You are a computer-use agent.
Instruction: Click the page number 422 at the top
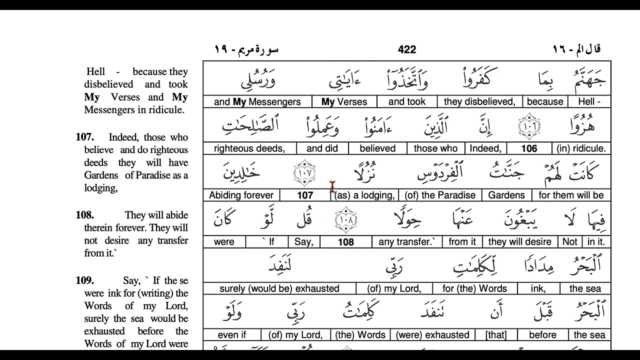point(407,49)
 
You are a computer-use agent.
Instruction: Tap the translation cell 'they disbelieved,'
point(479,102)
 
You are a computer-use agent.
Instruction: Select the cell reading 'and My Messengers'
point(257,102)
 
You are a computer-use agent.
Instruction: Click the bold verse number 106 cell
point(529,148)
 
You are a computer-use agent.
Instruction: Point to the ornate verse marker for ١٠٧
point(304,172)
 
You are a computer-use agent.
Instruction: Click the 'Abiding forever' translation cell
point(241,195)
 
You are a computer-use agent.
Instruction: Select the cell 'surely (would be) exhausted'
point(279,288)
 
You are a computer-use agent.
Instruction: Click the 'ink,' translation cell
point(538,288)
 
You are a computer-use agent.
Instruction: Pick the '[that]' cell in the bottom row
point(495,335)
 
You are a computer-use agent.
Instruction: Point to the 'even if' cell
point(232,335)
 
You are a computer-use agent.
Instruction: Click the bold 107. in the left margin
point(84,137)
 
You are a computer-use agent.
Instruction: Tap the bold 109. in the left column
point(85,280)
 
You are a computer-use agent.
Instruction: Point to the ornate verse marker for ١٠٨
point(345,219)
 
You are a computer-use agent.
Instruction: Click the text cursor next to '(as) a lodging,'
point(332,187)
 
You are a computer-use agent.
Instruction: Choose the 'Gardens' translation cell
point(506,195)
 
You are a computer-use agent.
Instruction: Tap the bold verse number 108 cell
point(345,242)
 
